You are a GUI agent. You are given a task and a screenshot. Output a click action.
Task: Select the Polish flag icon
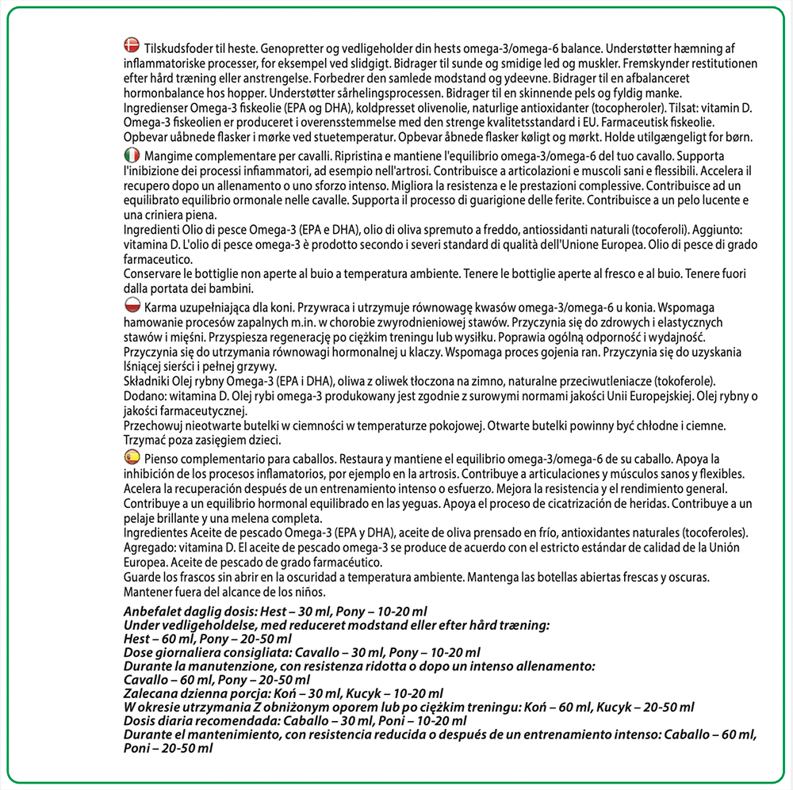pos(132,305)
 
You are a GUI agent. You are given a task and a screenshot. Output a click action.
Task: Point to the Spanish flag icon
pos(132,457)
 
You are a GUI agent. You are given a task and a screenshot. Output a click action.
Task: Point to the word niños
pos(308,593)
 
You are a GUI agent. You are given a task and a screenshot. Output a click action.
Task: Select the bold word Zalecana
pos(152,693)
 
